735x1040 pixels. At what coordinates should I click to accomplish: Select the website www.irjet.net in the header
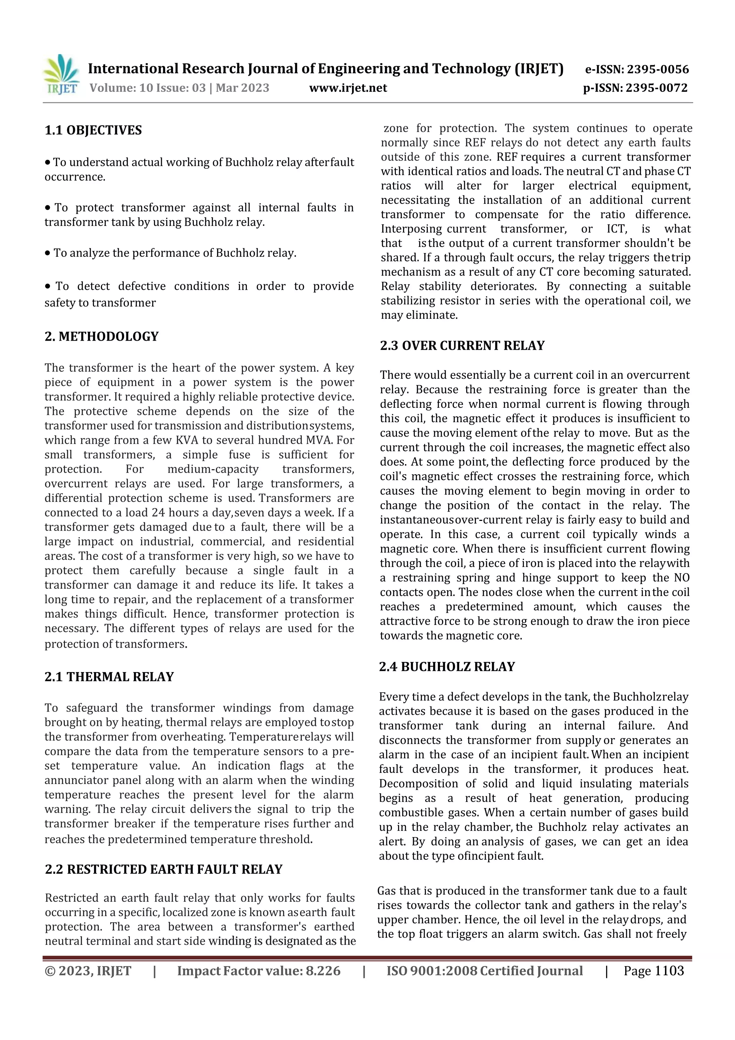pos(348,88)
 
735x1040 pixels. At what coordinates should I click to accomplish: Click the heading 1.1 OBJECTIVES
pos(93,130)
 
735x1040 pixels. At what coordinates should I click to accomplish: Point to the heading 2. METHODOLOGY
pos(102,336)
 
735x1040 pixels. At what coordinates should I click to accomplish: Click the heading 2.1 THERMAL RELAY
pos(109,677)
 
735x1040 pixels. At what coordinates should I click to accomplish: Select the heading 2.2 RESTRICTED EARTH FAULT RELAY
pos(164,869)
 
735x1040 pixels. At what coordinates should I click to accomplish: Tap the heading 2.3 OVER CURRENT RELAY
pos(462,346)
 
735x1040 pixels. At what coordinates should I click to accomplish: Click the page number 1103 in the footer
pos(669,971)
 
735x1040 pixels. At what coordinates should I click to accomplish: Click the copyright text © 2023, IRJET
pos(88,971)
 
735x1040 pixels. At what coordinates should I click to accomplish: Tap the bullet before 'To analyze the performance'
pos(47,253)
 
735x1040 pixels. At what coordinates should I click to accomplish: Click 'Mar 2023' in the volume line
pos(242,88)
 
